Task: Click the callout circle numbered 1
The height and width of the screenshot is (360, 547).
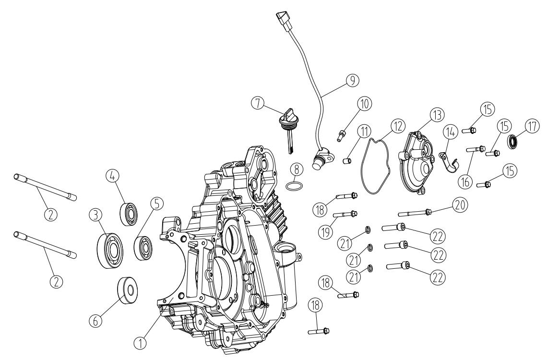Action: pos(140,343)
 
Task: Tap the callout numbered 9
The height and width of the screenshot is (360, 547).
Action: pos(353,80)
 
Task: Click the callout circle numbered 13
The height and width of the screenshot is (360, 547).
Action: pos(438,114)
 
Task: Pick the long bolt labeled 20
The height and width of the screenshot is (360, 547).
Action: pos(414,213)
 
